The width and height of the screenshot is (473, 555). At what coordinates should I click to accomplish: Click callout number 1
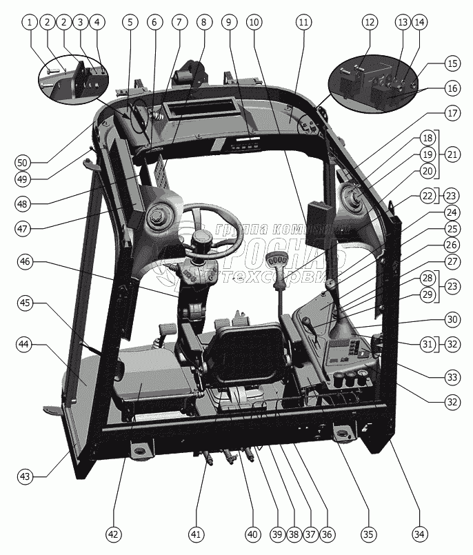pyautogui.click(x=29, y=22)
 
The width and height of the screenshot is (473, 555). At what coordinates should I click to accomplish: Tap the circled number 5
pyautogui.click(x=129, y=22)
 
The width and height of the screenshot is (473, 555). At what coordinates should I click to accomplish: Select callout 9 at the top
pyautogui.click(x=228, y=22)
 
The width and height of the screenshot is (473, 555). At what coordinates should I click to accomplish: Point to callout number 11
pyautogui.click(x=302, y=22)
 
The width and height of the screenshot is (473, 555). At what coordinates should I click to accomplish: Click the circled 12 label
pyautogui.click(x=370, y=22)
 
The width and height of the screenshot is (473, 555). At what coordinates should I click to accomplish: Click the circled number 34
pyautogui.click(x=419, y=533)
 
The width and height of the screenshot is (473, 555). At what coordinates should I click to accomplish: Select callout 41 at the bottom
pyautogui.click(x=197, y=533)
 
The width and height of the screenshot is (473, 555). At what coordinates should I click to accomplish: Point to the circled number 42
pyautogui.click(x=114, y=533)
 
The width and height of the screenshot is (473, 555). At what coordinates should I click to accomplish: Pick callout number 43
pyautogui.click(x=25, y=476)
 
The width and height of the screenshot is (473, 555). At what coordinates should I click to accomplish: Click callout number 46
pyautogui.click(x=25, y=261)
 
